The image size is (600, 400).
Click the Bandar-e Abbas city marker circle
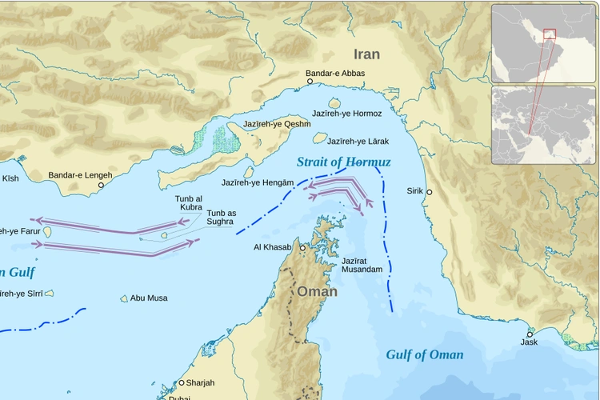(x=310, y=81)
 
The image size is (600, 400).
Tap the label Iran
(x=366, y=54)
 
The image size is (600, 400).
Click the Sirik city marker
(x=430, y=192)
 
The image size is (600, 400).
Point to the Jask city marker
(x=530, y=334)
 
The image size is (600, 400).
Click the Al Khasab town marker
(x=303, y=249)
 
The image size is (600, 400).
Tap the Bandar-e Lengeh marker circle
(x=101, y=186)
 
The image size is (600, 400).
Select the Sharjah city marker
(x=182, y=383)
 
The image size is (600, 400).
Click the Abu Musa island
(x=124, y=298)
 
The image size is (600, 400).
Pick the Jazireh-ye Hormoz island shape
(x=334, y=103)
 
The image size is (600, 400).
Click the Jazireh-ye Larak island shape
(x=320, y=138)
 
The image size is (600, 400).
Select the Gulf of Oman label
(x=424, y=354)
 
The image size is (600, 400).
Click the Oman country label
(x=318, y=292)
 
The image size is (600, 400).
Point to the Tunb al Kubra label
(x=189, y=203)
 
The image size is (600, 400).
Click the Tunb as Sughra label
(x=221, y=218)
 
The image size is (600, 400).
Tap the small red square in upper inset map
(x=549, y=34)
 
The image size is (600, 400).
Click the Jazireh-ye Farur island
(x=48, y=232)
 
